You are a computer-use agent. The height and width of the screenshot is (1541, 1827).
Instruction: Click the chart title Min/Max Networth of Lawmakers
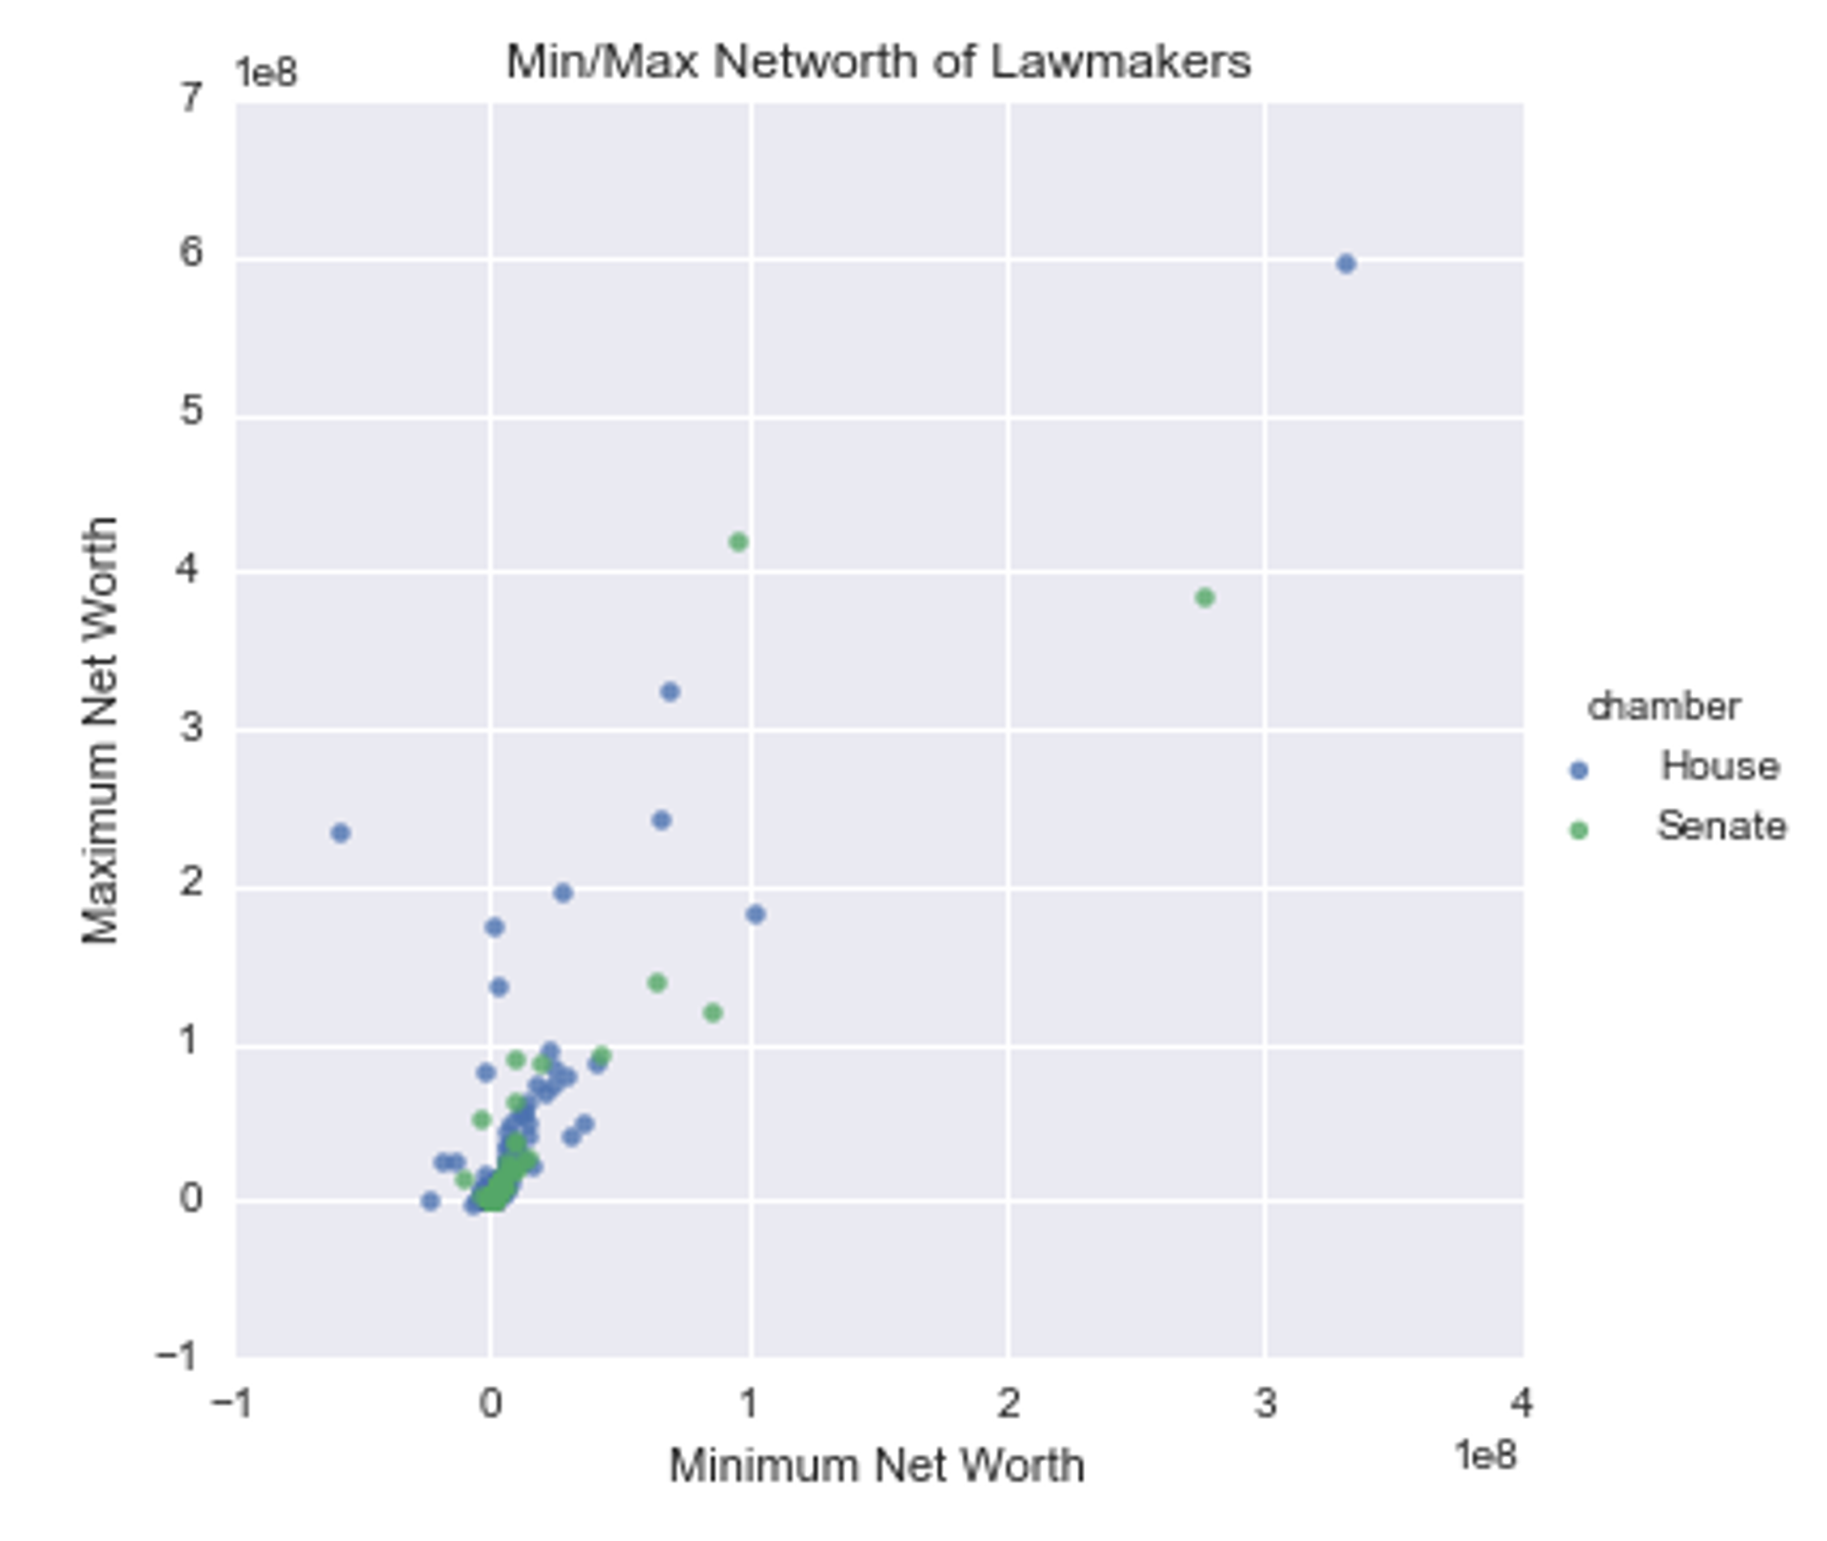(877, 63)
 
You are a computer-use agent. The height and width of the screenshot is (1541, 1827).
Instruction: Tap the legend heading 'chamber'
(1664, 707)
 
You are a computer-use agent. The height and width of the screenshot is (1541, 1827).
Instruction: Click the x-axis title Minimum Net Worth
(876, 1467)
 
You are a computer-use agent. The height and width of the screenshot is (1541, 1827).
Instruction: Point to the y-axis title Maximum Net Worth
(100, 731)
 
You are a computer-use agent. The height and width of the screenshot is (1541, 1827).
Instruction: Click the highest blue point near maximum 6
(1346, 264)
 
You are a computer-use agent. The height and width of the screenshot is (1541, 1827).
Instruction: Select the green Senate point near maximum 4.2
(738, 543)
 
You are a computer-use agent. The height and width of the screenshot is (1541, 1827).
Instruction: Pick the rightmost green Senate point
(1205, 598)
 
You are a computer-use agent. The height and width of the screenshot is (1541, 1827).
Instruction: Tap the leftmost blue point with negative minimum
(341, 833)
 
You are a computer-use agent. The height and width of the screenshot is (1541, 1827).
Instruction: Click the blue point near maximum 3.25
(670, 692)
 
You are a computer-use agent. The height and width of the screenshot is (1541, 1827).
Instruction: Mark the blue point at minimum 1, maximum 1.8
(756, 915)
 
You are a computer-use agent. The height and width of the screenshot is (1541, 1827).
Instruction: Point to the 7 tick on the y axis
(190, 98)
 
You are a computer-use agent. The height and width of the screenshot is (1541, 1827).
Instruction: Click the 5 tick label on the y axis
(190, 411)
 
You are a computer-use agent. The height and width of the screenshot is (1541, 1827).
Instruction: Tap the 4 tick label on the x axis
(1521, 1404)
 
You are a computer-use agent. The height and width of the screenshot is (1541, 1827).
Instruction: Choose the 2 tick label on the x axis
(1008, 1404)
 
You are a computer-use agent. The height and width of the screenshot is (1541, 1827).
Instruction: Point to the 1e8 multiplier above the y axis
(266, 73)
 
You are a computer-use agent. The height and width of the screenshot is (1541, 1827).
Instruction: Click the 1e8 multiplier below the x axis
(1485, 1455)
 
